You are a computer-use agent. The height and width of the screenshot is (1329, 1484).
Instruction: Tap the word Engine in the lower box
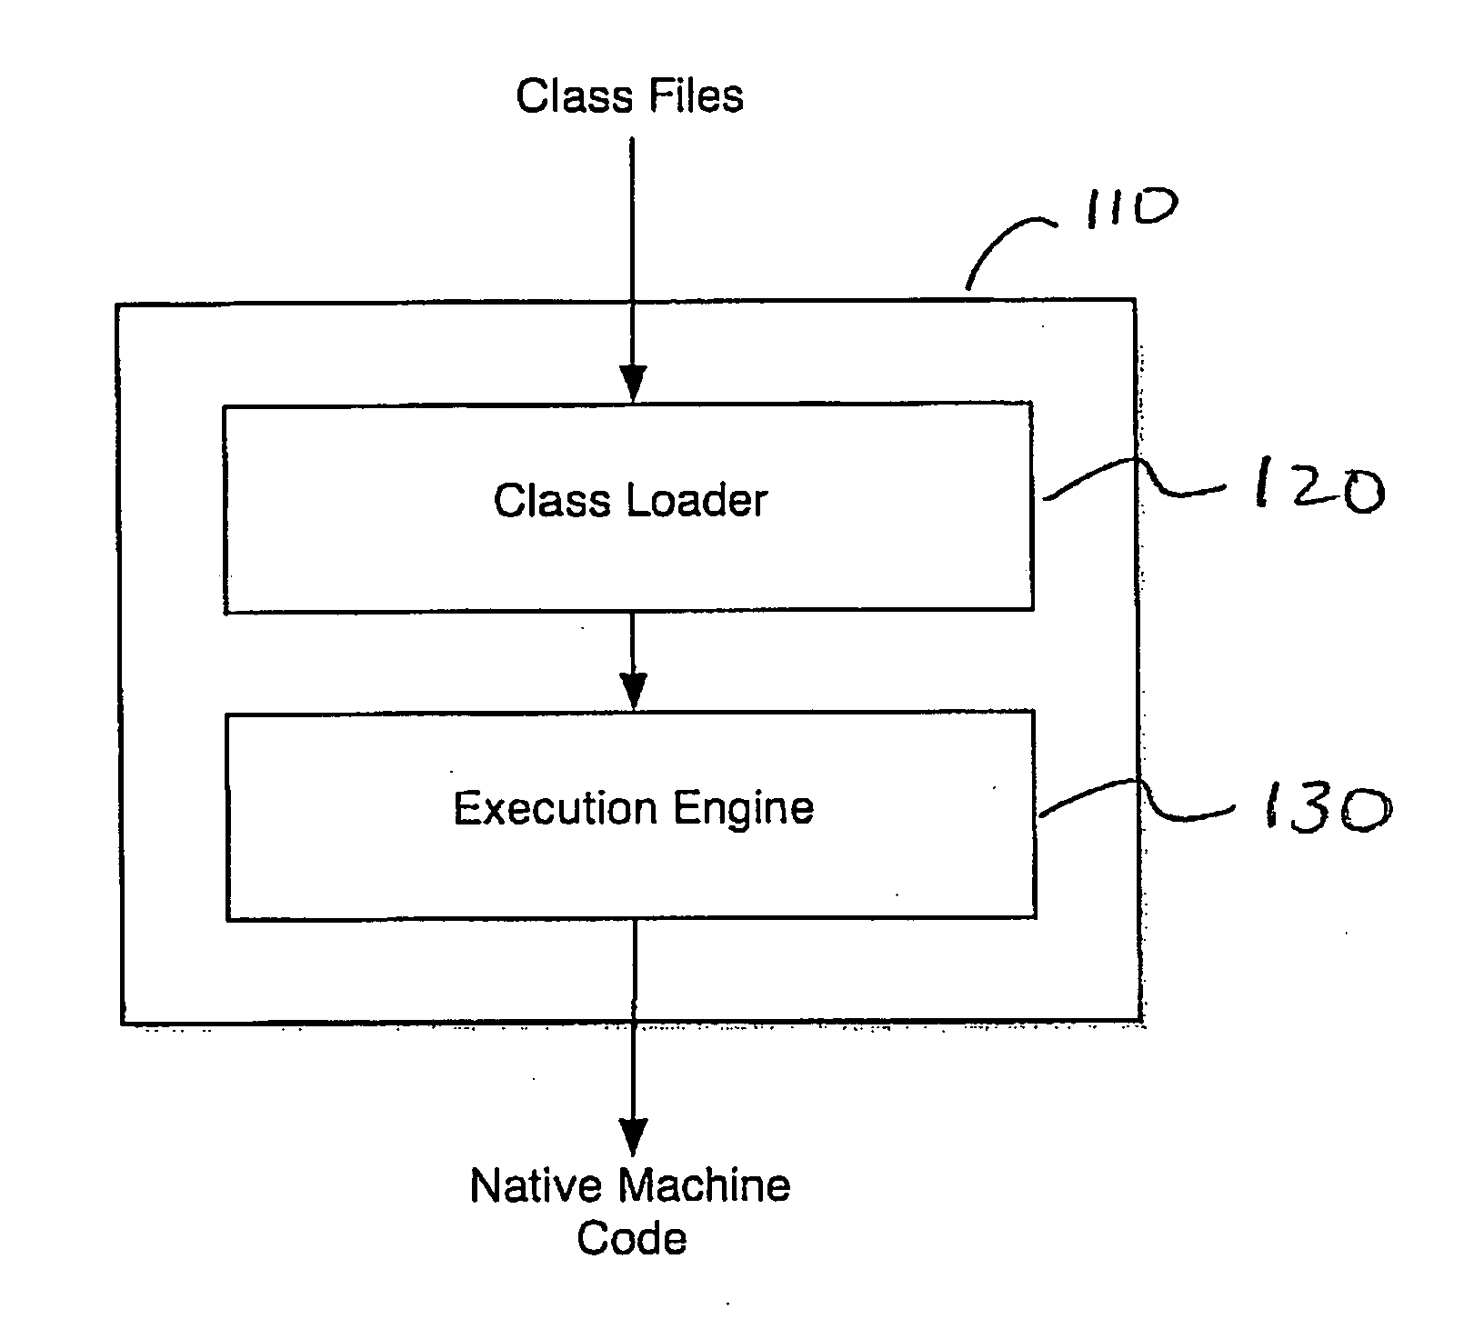click(742, 809)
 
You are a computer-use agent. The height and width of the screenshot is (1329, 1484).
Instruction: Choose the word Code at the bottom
click(632, 1238)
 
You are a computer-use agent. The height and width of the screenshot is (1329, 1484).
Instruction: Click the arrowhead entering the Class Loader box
click(632, 383)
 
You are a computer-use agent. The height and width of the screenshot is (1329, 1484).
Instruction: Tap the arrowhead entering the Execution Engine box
click(632, 691)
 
